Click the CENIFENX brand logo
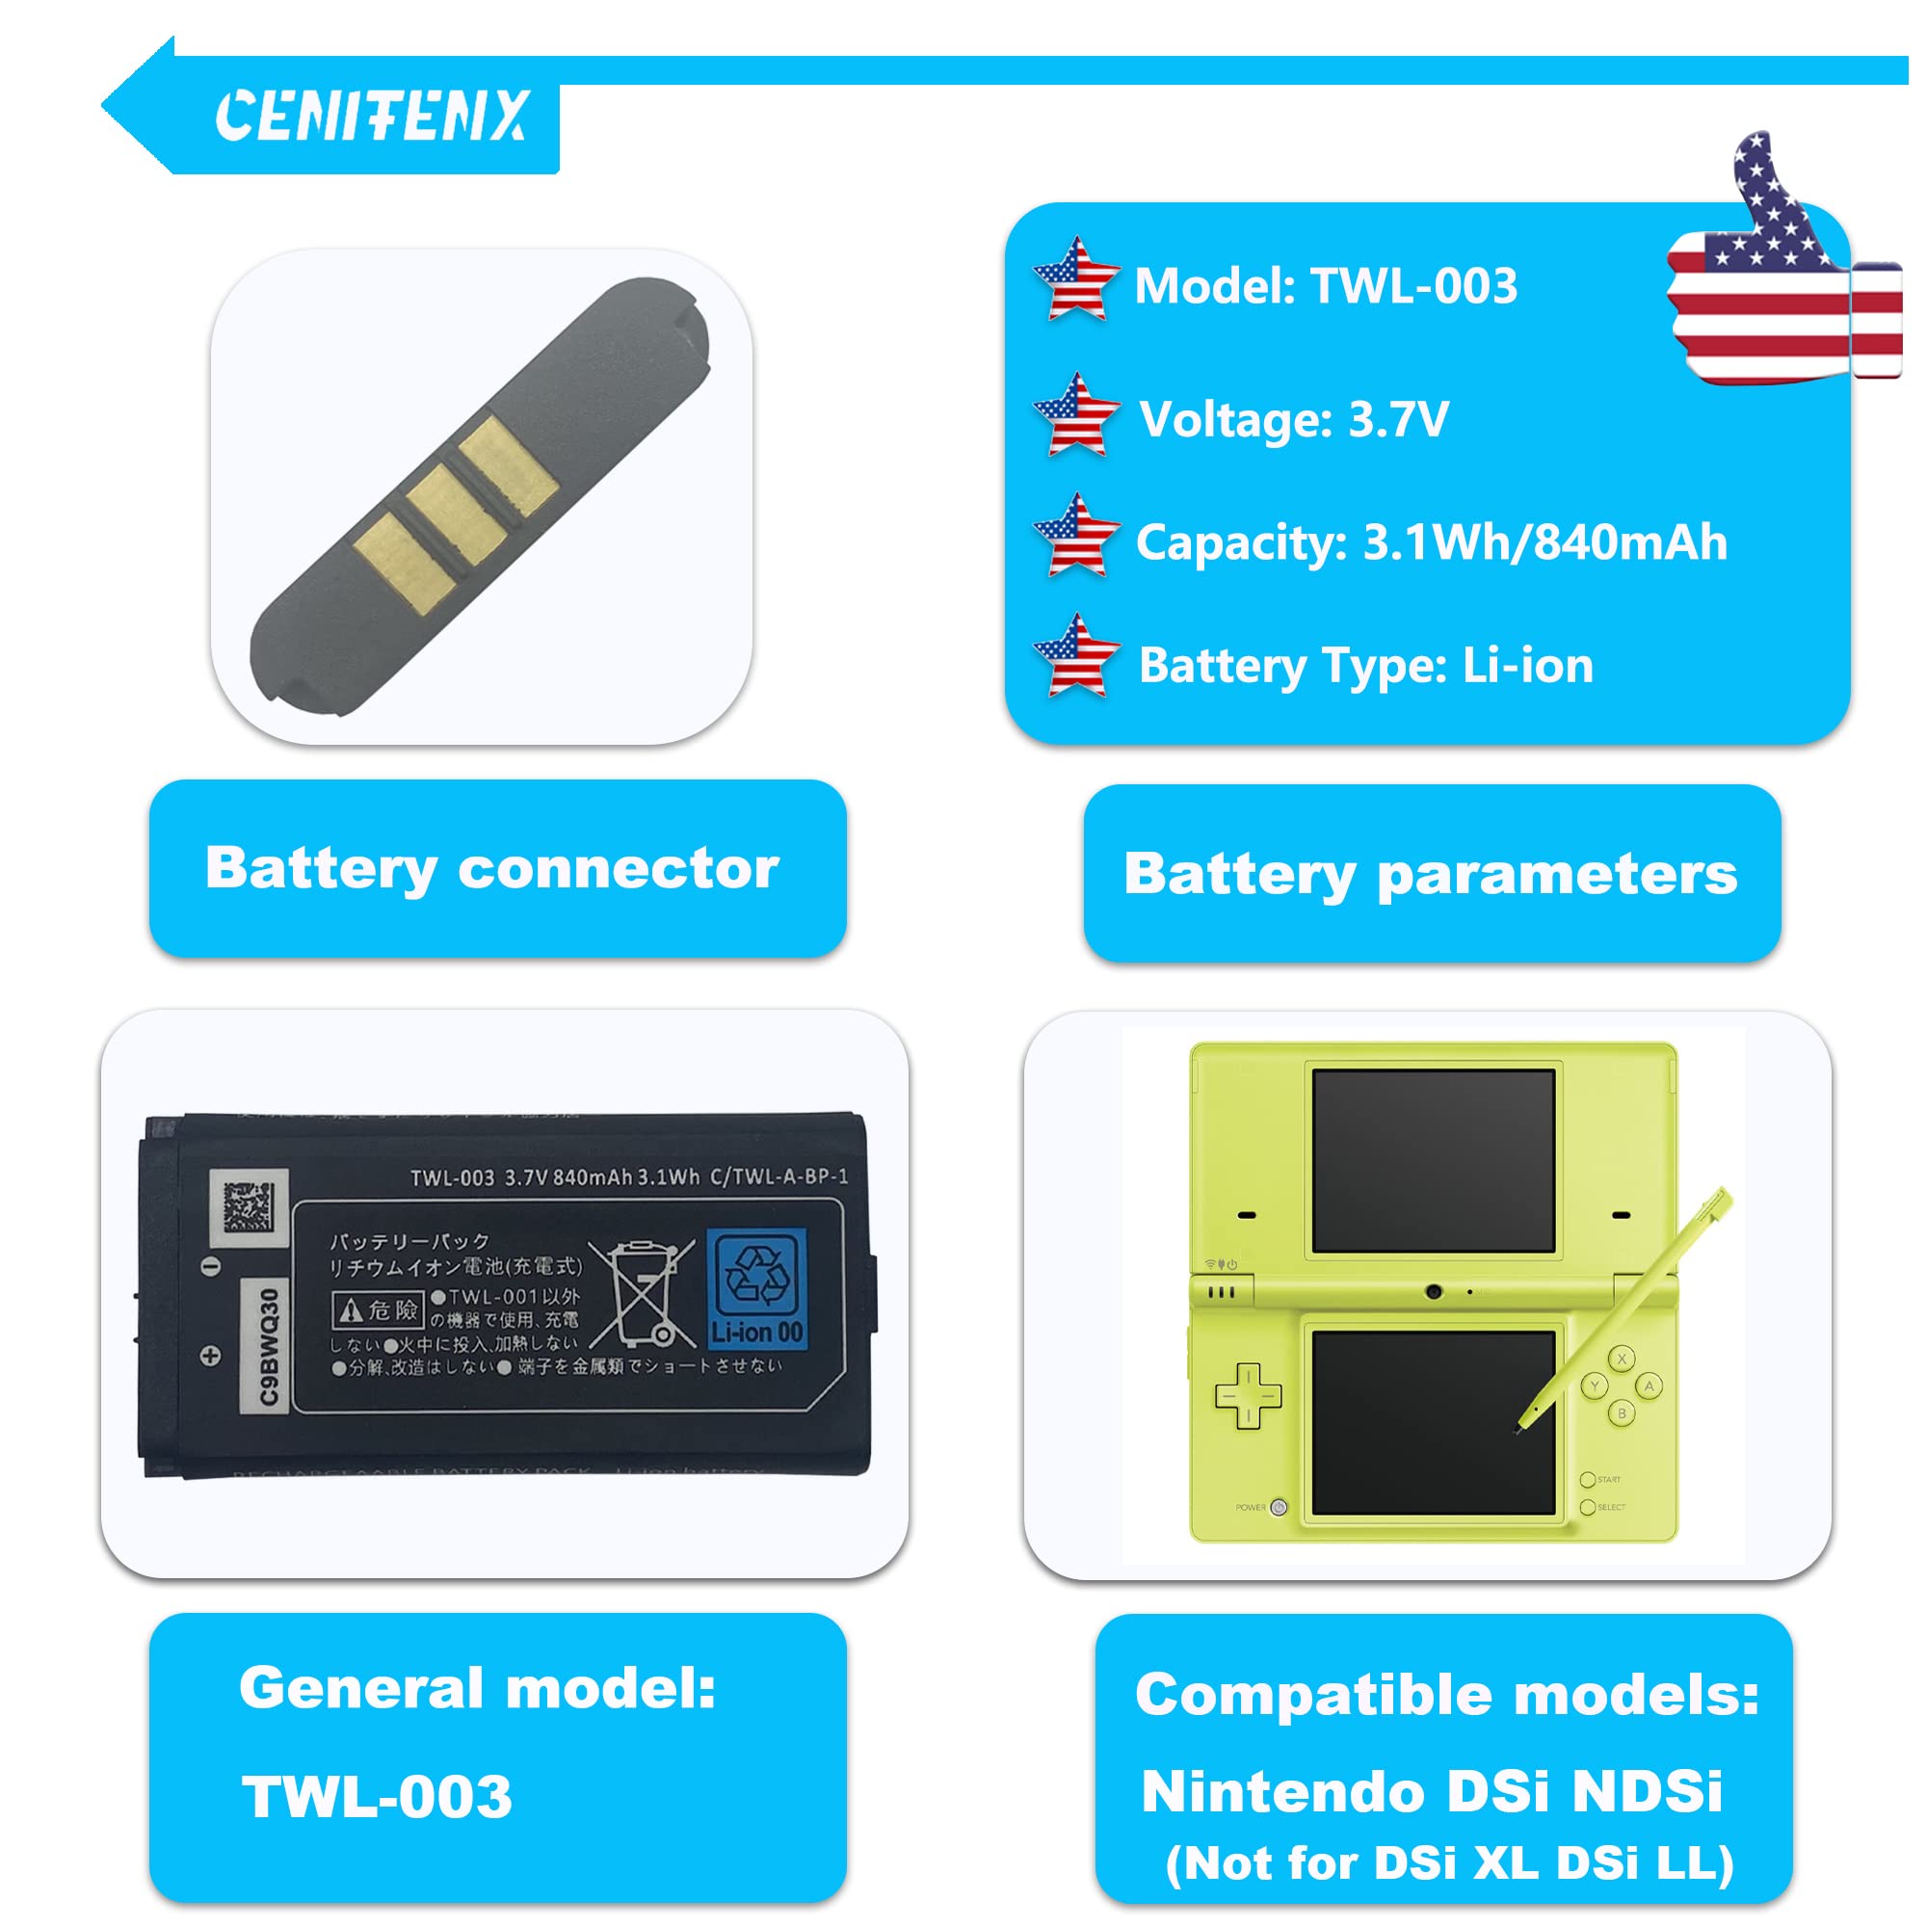pos(371,116)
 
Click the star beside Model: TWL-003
pos(1075,281)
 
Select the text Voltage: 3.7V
pos(1294,420)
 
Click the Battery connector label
pos(492,869)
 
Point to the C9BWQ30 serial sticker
pos(267,1347)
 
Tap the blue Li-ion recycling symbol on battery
pos(756,1288)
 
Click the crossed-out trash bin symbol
pos(643,1294)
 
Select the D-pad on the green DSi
pos(1248,1396)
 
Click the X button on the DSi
pos(1622,1359)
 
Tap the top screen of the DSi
pos(1434,1161)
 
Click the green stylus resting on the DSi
pos(1625,1307)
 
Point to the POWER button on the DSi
pos(1280,1507)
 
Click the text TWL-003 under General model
pos(377,1798)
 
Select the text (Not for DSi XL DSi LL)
pos(1448,1863)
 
